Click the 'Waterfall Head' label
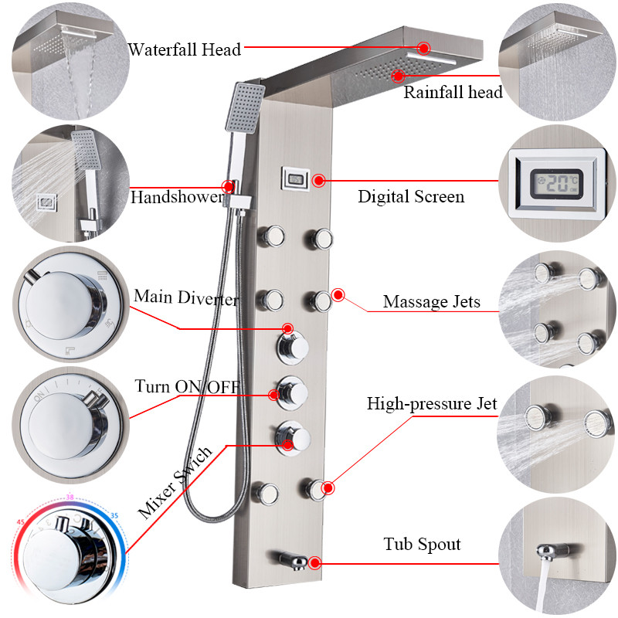(x=184, y=49)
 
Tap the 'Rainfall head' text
(x=453, y=92)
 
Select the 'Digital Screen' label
(x=411, y=197)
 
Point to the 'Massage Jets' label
(x=432, y=302)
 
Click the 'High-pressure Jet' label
(x=432, y=403)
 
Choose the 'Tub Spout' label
(x=422, y=545)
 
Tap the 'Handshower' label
(x=178, y=197)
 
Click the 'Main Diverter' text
(x=185, y=297)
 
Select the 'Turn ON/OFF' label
(x=187, y=387)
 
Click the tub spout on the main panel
(x=293, y=559)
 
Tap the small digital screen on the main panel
(x=295, y=179)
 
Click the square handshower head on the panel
(x=245, y=107)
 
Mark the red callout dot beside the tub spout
(x=314, y=563)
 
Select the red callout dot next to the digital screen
(x=318, y=181)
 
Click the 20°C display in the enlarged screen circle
(x=556, y=184)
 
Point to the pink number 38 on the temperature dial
(x=70, y=497)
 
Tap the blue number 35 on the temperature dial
(x=114, y=515)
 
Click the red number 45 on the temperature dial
(x=21, y=522)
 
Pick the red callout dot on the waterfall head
(x=423, y=48)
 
